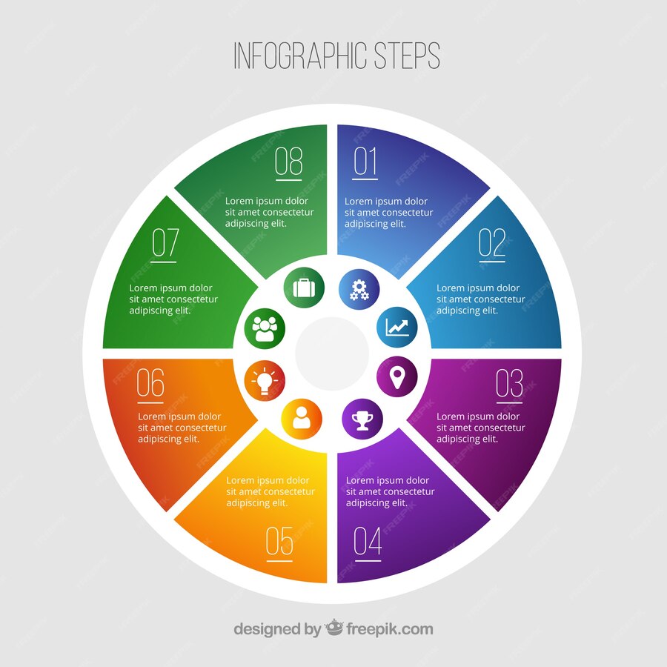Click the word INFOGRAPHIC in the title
(300, 56)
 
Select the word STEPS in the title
(407, 56)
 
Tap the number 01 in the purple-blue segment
(365, 162)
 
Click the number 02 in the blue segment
(492, 242)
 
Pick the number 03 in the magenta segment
(509, 383)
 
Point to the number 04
(368, 541)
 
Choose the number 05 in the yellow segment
(279, 541)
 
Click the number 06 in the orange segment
(150, 383)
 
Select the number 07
(165, 242)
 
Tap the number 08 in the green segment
(288, 162)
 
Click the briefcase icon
(304, 288)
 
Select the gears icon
(359, 290)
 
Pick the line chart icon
(397, 327)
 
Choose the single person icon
(302, 418)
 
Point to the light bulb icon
(265, 380)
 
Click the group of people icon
(265, 329)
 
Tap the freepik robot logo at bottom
(333, 627)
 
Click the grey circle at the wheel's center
(332, 354)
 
